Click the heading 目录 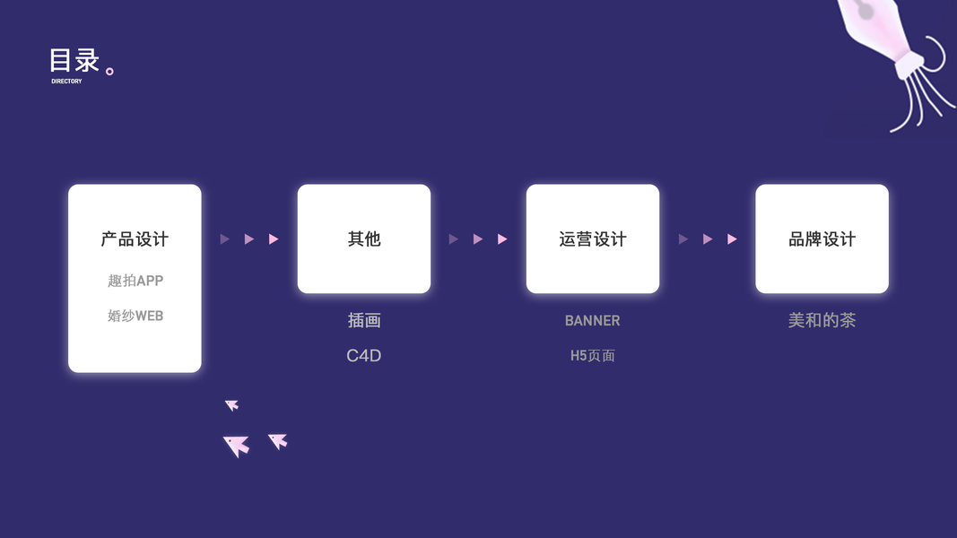tap(74, 61)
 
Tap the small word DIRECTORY tap(66, 82)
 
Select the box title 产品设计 tap(135, 239)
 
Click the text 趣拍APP tap(135, 281)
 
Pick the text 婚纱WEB tap(135, 316)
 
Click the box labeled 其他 tap(364, 239)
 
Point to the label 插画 tap(364, 320)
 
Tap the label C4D tap(364, 356)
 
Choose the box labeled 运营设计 tap(593, 239)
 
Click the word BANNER tap(593, 320)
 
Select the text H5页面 tap(593, 356)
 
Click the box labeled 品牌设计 tap(822, 239)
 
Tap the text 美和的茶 tap(822, 320)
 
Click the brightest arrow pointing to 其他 tap(274, 239)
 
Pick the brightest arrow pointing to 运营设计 tap(502, 239)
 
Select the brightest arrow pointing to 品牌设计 tap(732, 239)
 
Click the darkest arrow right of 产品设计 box tap(224, 239)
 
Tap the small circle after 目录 tap(110, 71)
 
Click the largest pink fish tap(237, 445)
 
